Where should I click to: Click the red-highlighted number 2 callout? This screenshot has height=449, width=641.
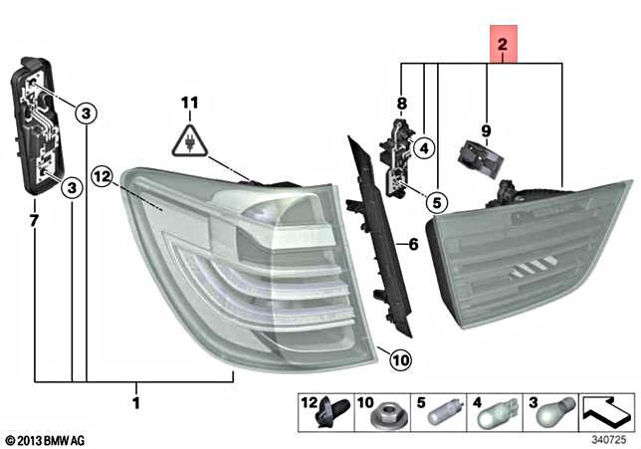pyautogui.click(x=502, y=45)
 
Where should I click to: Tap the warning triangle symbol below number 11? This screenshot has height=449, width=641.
pyautogui.click(x=190, y=140)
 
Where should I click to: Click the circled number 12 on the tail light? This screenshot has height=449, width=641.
pyautogui.click(x=100, y=176)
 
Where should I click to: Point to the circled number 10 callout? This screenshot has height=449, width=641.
pyautogui.click(x=397, y=360)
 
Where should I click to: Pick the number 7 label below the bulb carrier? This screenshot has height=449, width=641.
pyautogui.click(x=35, y=219)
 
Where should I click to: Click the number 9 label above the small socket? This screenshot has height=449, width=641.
pyautogui.click(x=487, y=130)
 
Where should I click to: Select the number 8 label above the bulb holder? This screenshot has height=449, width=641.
pyautogui.click(x=402, y=104)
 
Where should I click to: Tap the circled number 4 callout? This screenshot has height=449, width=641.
pyautogui.click(x=422, y=149)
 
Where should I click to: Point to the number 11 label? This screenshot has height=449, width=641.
pyautogui.click(x=190, y=103)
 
